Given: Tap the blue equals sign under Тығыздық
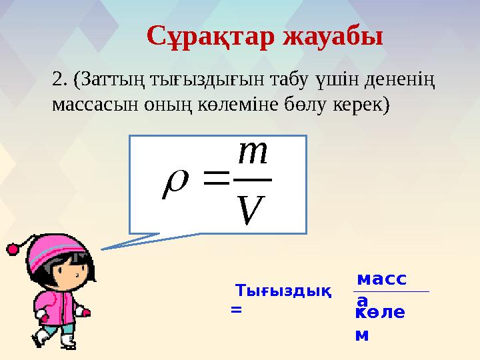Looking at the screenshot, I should click(235, 309).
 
